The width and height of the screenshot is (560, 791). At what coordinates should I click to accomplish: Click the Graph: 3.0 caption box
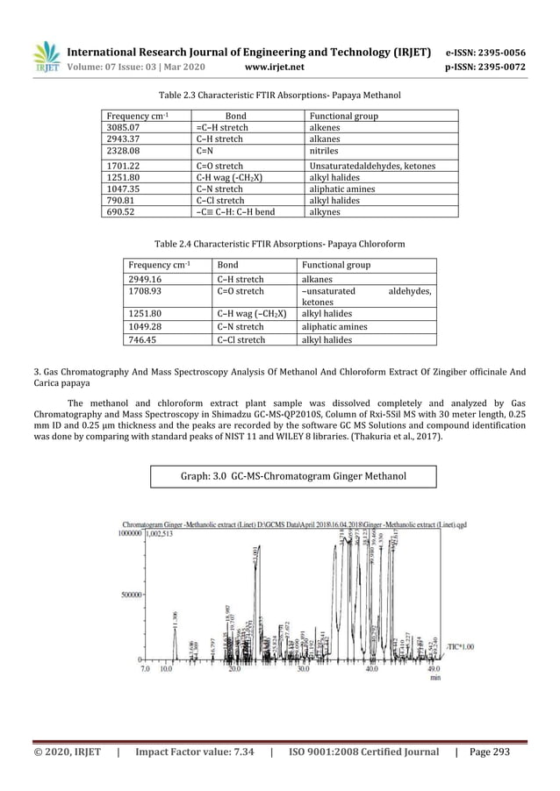tap(280, 476)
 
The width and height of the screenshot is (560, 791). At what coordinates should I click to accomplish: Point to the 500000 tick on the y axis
tap(131, 595)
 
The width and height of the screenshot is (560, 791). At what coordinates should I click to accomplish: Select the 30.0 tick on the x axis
tap(303, 669)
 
